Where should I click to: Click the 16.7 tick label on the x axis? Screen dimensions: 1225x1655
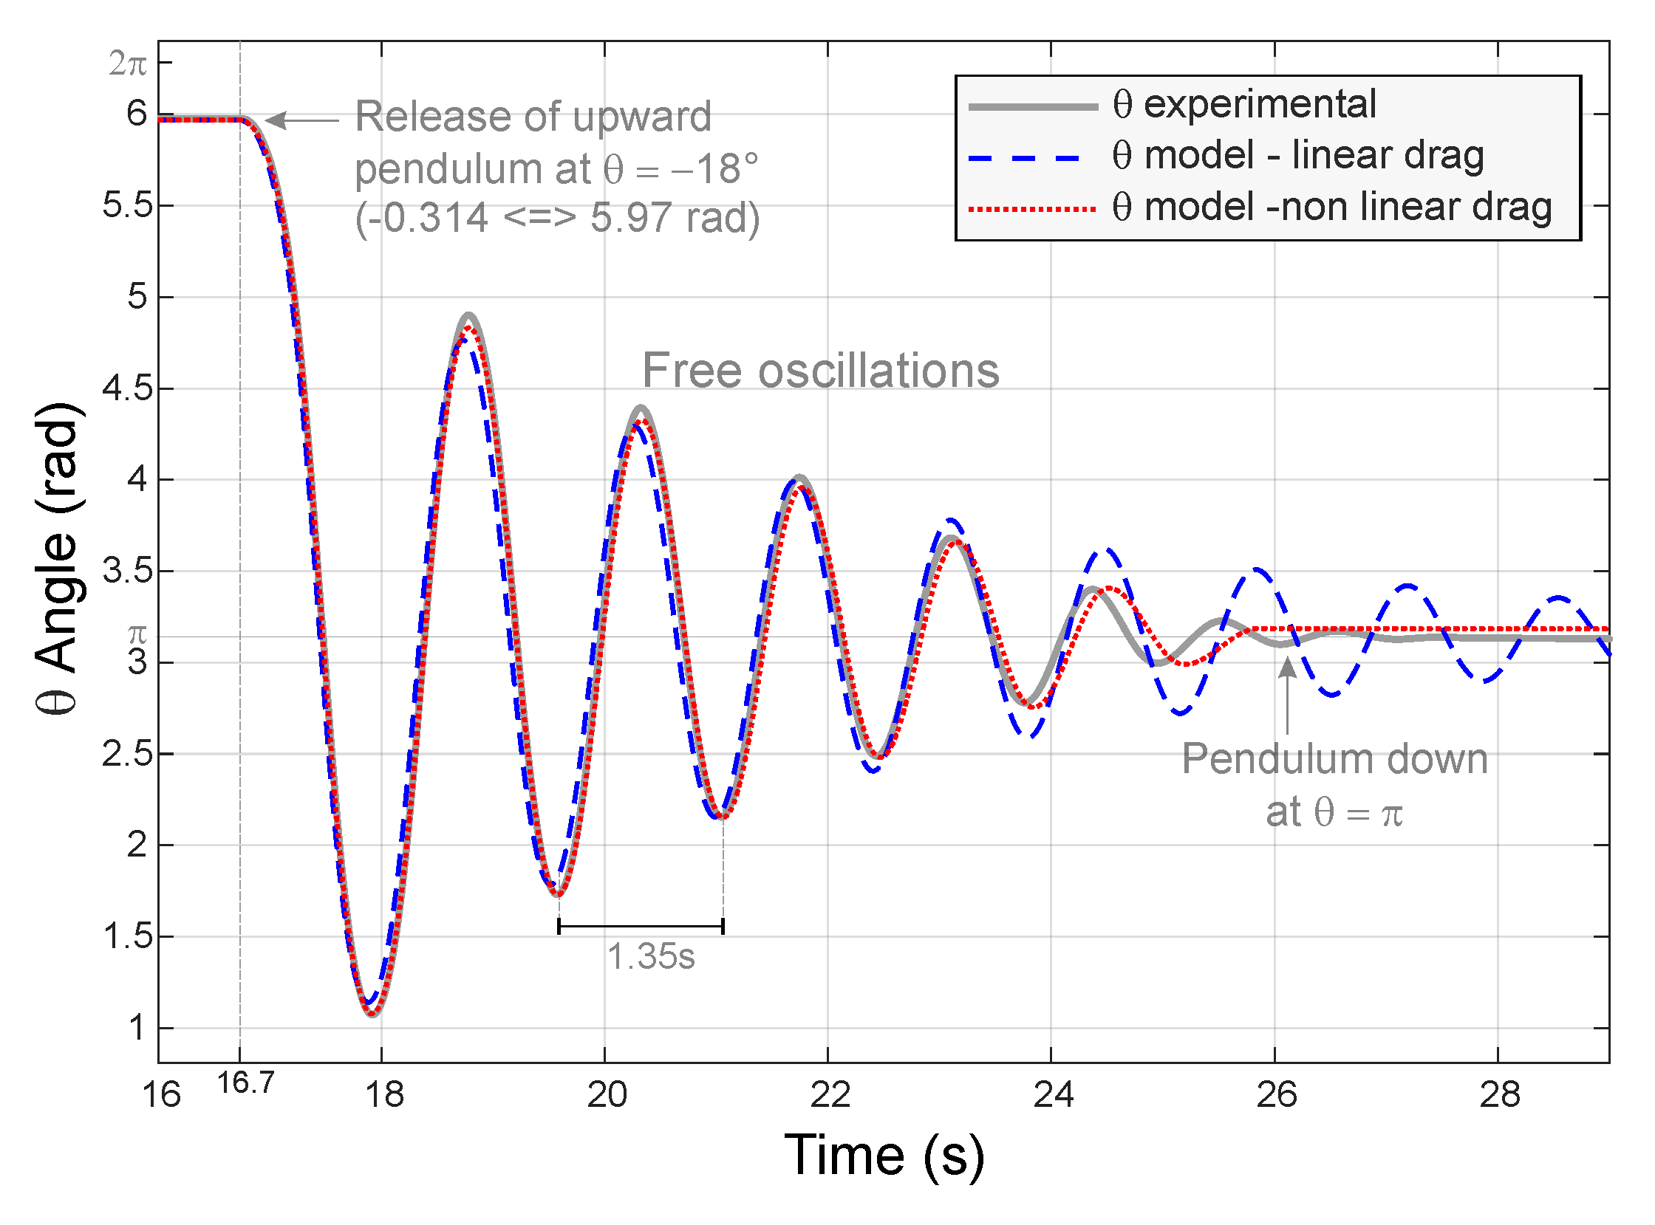point(245,1084)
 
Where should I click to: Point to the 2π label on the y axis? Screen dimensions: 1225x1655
point(128,64)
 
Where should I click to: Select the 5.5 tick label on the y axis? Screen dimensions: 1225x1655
point(127,205)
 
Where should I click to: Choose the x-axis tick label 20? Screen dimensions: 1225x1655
point(607,1095)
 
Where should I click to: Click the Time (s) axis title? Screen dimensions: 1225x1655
point(885,1156)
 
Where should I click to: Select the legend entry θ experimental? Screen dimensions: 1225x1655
point(1244,105)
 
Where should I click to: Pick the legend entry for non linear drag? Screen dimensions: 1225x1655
point(1332,207)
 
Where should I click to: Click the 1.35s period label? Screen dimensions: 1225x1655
point(652,957)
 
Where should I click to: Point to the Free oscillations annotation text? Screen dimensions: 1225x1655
point(820,371)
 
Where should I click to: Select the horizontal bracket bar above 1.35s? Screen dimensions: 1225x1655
point(641,926)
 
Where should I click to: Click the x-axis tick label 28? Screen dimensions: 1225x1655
point(1500,1095)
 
